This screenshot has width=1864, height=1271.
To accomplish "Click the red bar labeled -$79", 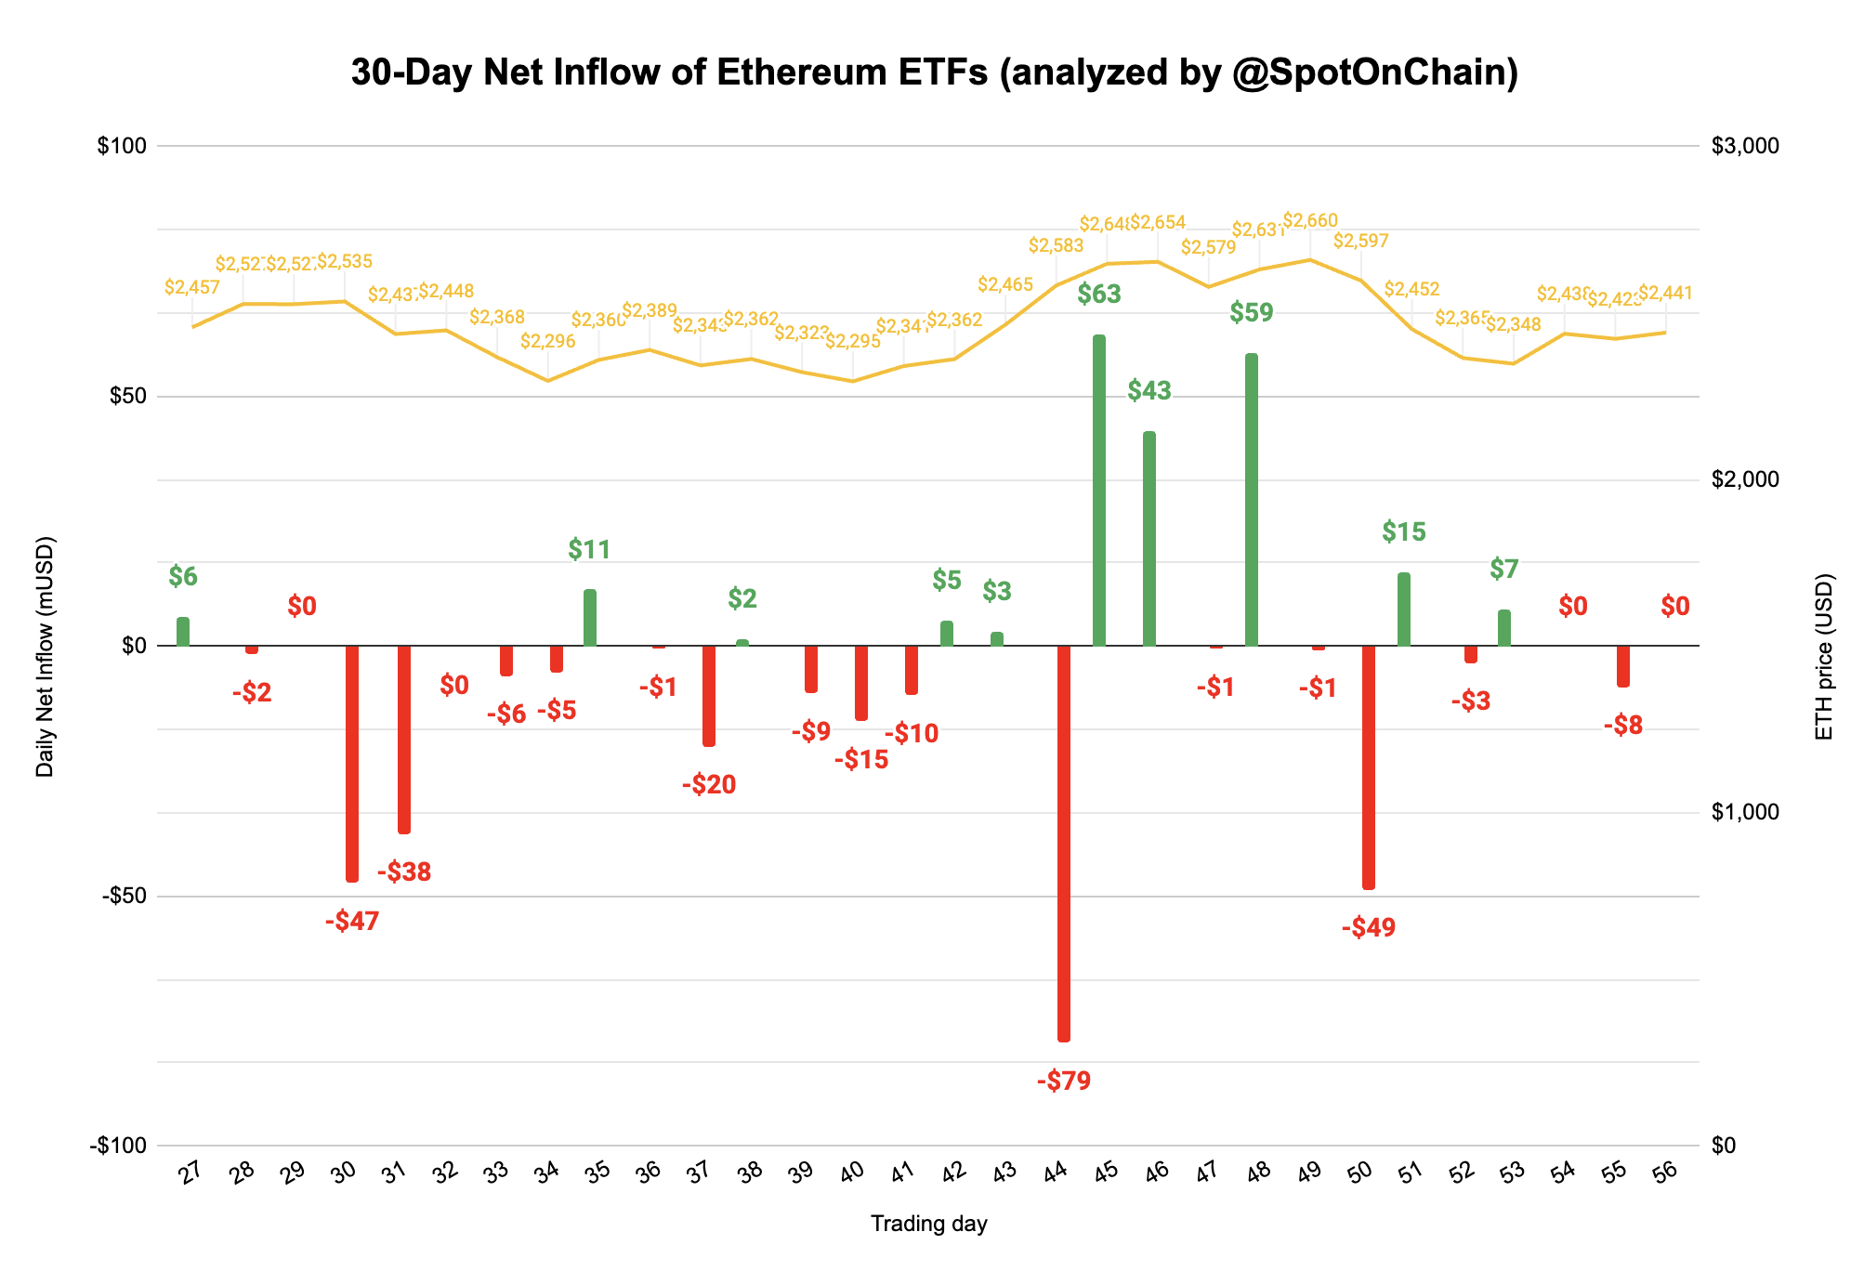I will [x=1064, y=843].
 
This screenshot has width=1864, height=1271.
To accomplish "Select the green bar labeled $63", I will [x=1099, y=491].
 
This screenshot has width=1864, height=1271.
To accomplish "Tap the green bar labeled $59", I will [x=1252, y=500].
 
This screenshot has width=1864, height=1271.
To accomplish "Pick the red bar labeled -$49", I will [x=1369, y=767].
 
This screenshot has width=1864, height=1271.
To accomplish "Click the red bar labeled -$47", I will [x=352, y=763].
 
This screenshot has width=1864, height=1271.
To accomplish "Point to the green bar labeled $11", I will [x=590, y=618].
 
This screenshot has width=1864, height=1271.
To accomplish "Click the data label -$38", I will [x=404, y=872].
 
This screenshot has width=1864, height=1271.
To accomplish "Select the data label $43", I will [x=1149, y=391].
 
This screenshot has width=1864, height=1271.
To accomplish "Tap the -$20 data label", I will [x=709, y=785].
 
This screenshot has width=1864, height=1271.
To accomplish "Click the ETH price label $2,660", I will [x=1310, y=221].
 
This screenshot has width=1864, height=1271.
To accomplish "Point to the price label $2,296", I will [x=547, y=342].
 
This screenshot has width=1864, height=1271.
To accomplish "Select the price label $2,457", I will [x=192, y=288].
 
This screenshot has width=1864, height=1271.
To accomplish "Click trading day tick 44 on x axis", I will [x=1055, y=1174].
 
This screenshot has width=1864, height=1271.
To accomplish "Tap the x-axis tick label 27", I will [x=190, y=1174].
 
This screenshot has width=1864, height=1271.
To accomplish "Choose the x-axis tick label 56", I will [x=1666, y=1174].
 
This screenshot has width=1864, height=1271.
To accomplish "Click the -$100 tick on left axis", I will [x=118, y=1146].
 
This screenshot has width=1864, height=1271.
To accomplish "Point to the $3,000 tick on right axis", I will [x=1744, y=146].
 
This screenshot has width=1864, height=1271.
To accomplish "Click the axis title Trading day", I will [x=928, y=1224].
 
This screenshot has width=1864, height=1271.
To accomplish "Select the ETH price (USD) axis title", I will [x=1824, y=657].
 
